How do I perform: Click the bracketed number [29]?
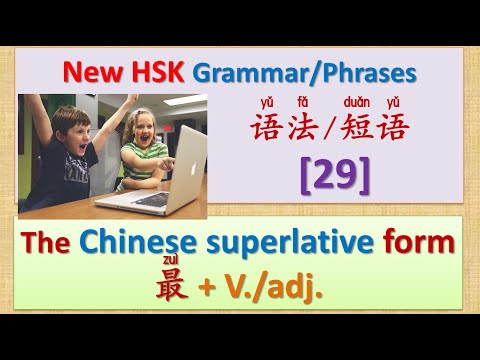(x=333, y=176)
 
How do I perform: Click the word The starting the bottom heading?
(x=65, y=242)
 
